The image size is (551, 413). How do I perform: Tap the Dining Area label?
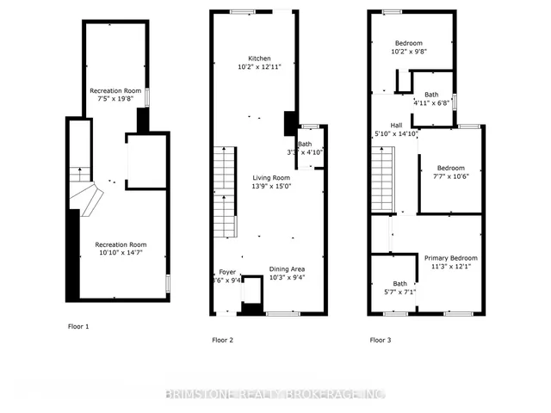(285, 268)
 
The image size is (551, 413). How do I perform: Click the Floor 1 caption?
(77, 326)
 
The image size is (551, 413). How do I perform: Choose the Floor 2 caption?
(223, 340)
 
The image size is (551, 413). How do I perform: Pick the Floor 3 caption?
(381, 340)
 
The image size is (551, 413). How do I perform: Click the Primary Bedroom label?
(450, 257)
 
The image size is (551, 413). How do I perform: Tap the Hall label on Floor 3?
(395, 125)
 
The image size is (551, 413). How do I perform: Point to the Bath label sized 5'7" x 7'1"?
(400, 283)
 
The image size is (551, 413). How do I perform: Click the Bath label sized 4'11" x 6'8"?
(431, 95)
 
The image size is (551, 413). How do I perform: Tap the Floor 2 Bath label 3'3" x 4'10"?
(306, 145)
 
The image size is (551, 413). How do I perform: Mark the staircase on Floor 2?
(225, 192)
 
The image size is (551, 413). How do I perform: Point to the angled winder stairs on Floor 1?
(86, 200)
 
